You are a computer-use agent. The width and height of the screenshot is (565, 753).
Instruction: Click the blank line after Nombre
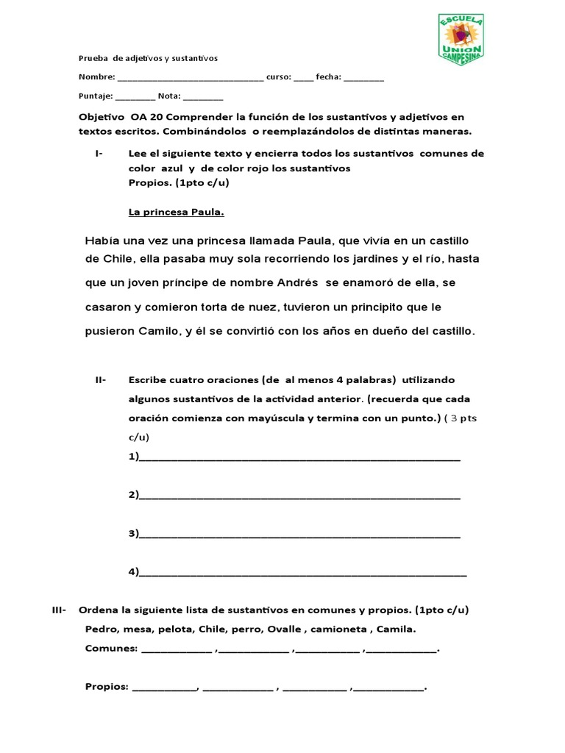[190, 78]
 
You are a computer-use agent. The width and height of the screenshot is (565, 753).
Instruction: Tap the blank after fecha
[363, 78]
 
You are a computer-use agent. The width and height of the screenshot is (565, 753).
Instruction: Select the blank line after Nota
[203, 96]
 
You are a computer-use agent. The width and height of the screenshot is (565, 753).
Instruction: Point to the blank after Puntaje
[135, 96]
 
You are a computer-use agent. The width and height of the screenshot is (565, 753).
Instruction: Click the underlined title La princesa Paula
[177, 213]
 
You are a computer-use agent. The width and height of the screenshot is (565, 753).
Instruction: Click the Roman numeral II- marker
[101, 380]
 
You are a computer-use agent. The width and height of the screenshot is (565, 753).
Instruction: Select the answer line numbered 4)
[302, 572]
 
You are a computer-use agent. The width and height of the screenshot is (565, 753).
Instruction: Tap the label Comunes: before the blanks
[111, 649]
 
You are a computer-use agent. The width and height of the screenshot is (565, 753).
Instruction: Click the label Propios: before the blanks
[107, 688]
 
